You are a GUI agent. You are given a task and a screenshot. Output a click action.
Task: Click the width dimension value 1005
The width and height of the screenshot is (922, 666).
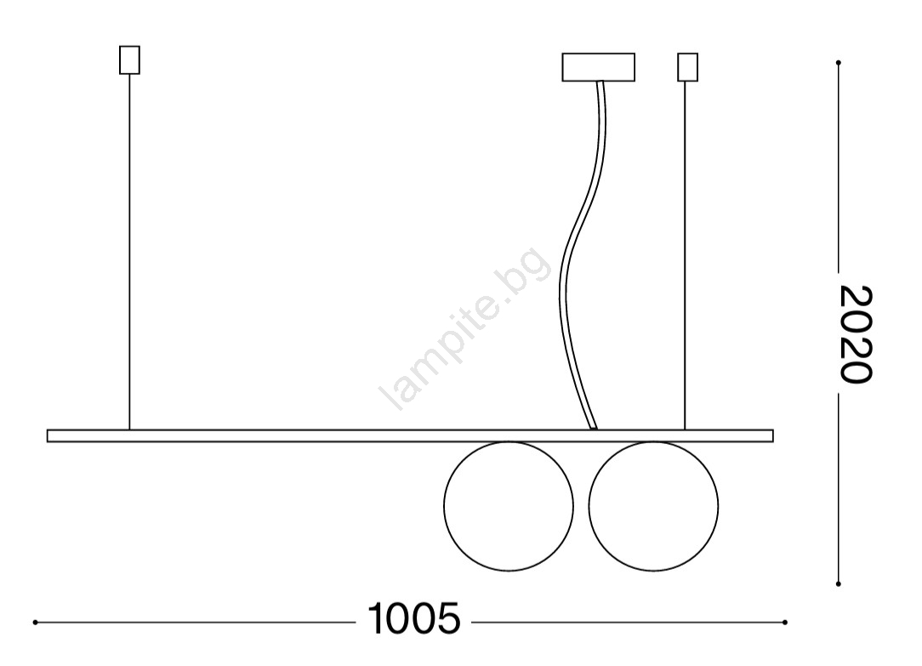(x=414, y=618)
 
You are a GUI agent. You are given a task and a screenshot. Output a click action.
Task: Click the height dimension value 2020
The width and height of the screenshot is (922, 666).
(x=855, y=334)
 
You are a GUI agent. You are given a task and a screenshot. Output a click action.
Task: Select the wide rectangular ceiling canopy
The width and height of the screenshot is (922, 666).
(x=599, y=67)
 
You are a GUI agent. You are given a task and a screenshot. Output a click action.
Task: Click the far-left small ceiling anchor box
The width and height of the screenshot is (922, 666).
(x=129, y=60)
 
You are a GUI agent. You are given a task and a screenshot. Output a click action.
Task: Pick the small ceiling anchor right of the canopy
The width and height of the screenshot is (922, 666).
(x=687, y=67)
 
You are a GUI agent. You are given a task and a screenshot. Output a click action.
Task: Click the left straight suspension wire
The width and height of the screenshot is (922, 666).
(x=129, y=252)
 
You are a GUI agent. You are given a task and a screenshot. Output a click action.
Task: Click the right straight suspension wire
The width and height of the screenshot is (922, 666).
(x=685, y=255)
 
